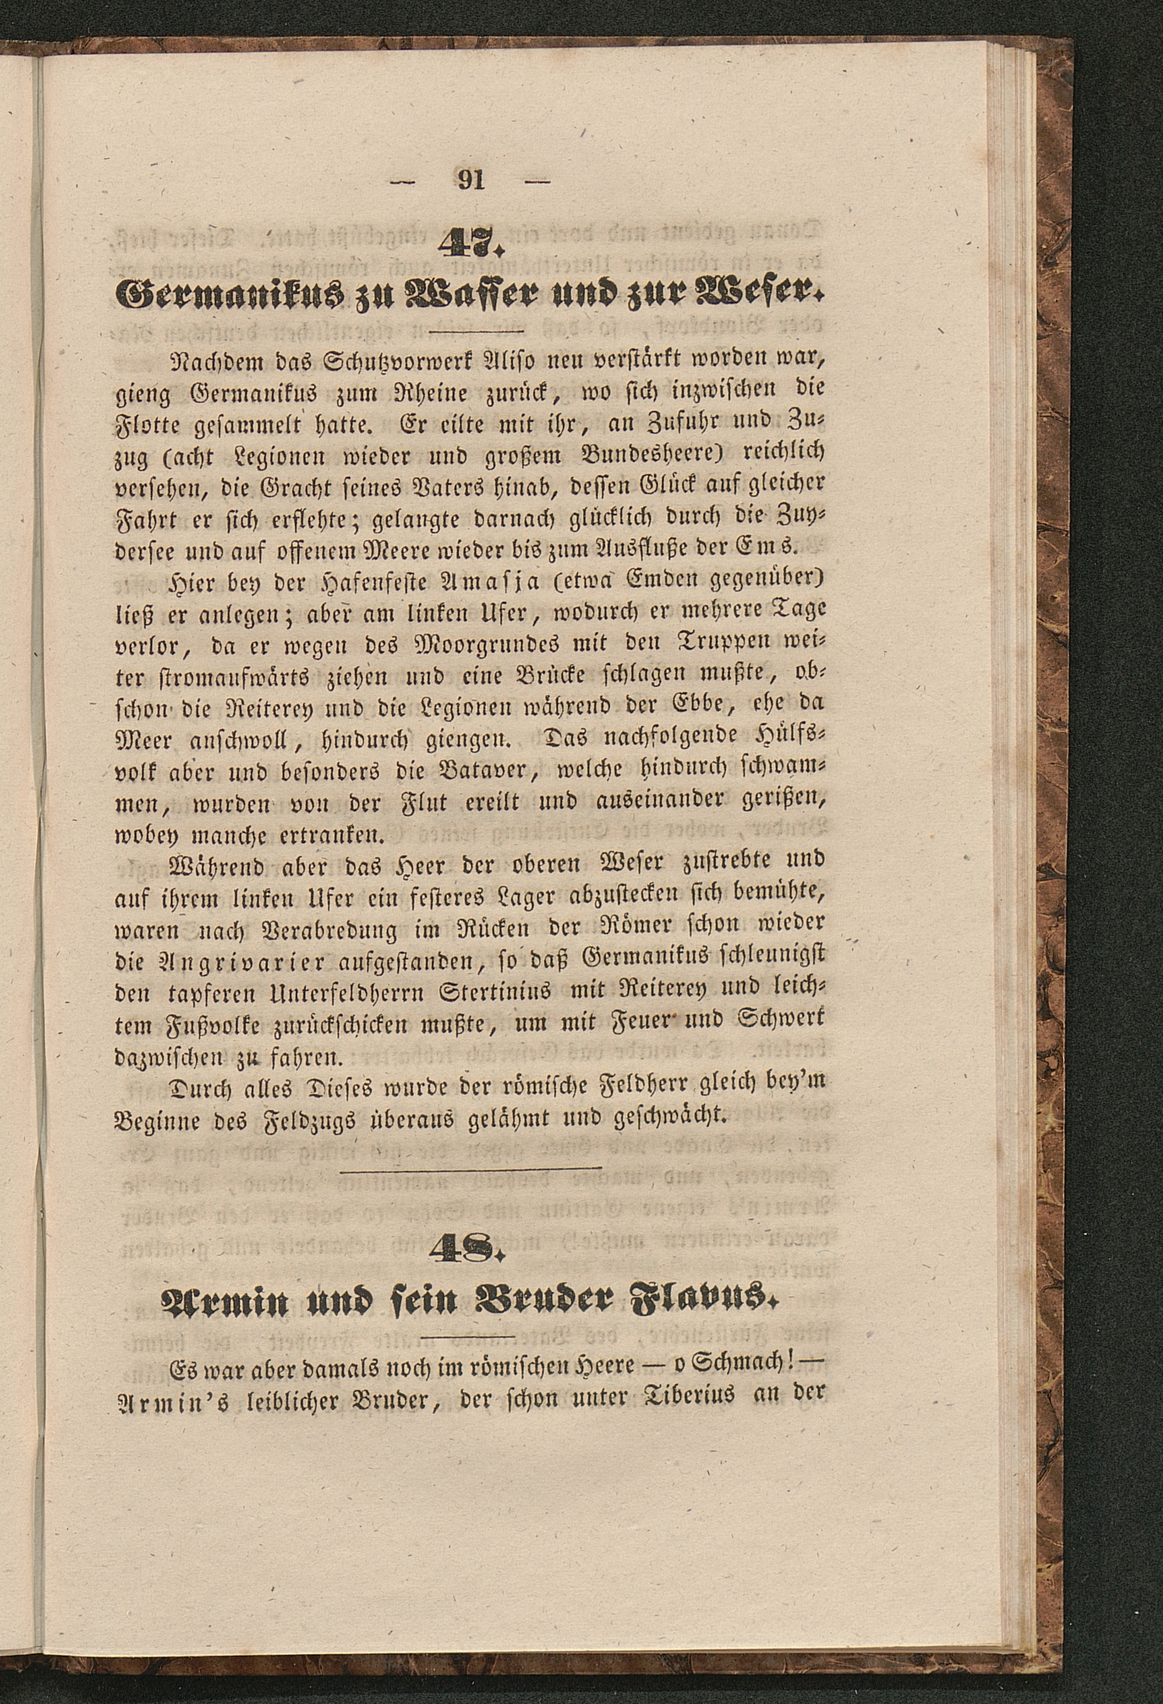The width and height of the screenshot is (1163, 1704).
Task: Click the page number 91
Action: pyautogui.click(x=470, y=180)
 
